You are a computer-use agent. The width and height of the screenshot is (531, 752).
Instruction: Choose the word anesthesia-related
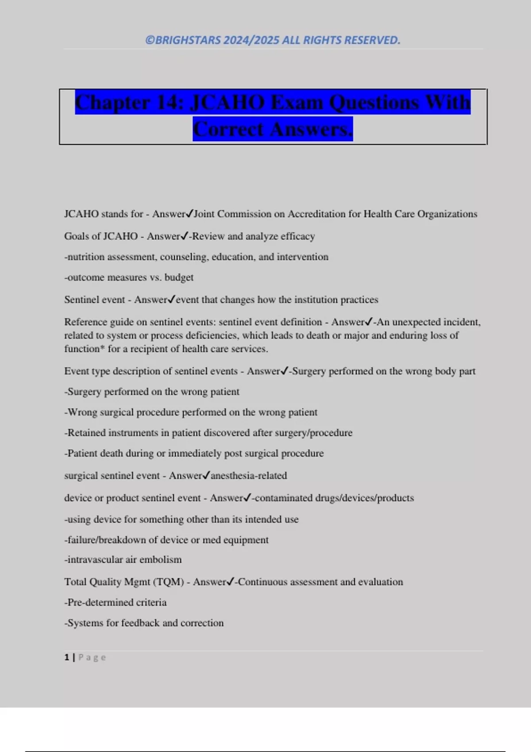click(249, 476)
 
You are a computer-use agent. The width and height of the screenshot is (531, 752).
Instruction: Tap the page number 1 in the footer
click(67, 657)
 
